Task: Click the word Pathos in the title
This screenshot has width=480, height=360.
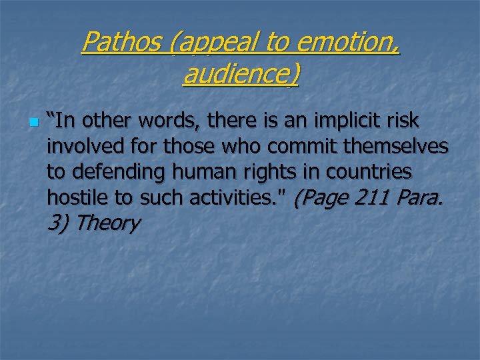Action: [121, 43]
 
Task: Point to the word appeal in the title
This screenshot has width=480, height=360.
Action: [211, 43]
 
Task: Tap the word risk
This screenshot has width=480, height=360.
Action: [403, 121]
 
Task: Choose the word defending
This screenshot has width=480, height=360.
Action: [119, 172]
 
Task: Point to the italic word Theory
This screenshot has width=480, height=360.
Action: [107, 223]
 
